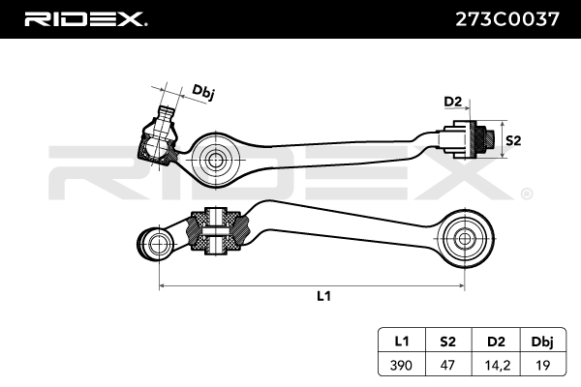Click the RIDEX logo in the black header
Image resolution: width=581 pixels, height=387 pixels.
[85, 19]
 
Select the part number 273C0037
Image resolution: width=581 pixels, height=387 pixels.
[506, 19]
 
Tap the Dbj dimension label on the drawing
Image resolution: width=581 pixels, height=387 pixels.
[202, 92]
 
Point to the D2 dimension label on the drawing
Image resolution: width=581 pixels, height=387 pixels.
[453, 101]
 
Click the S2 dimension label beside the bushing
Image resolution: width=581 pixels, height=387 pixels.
[513, 140]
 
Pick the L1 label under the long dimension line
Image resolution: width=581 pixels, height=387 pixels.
[323, 296]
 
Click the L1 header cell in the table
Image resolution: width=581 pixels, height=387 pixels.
[402, 342]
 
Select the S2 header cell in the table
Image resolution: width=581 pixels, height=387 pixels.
[448, 342]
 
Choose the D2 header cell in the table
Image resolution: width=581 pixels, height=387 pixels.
[496, 342]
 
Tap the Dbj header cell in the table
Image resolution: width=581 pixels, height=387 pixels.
[542, 342]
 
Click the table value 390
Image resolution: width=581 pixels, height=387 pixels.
[401, 365]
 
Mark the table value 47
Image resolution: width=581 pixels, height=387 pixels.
[447, 365]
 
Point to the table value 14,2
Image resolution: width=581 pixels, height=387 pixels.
[498, 366]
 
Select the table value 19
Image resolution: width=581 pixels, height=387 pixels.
[543, 365]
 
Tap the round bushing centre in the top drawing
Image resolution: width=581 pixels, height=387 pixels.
[214, 161]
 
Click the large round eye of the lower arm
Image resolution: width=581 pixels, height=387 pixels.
[465, 239]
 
